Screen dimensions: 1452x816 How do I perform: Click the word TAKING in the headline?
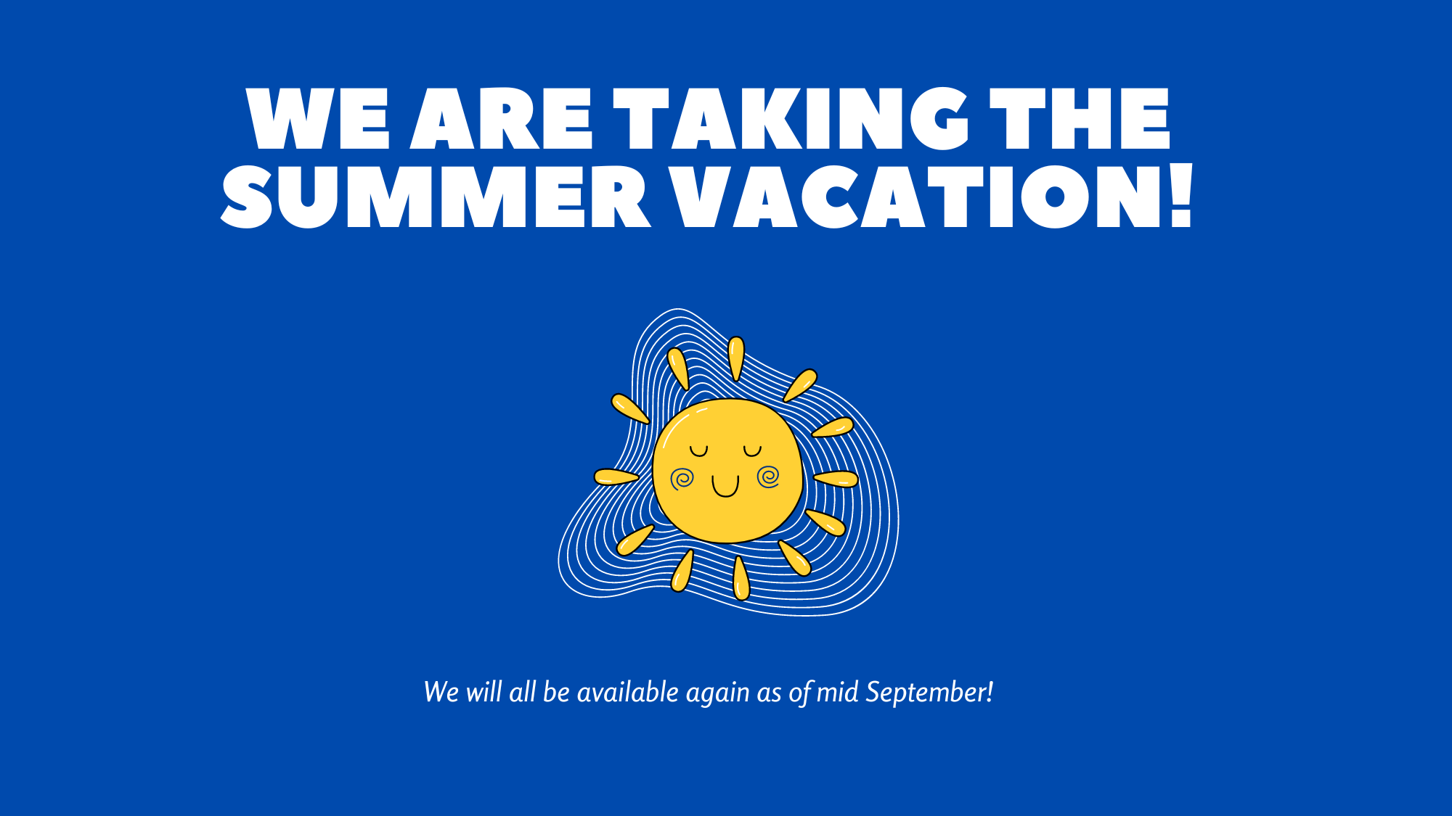point(791,118)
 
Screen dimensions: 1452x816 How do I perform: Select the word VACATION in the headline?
point(918,196)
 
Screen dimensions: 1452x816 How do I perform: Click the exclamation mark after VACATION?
point(1182,194)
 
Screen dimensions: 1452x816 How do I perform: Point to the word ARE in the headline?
point(502,118)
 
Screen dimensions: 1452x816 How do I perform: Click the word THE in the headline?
point(1080,118)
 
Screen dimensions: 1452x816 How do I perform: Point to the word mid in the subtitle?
point(837,692)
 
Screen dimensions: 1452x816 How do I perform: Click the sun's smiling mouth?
point(725,487)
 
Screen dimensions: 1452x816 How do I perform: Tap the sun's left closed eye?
point(698,451)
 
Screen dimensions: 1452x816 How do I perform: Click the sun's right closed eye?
point(752,451)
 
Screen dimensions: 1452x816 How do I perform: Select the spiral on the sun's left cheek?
point(682,479)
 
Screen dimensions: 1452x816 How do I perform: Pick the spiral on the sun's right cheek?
point(768,477)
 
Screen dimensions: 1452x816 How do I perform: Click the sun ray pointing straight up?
point(736,358)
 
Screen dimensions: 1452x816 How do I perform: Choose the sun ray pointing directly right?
point(836,479)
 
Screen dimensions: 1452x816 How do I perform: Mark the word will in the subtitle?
point(484,692)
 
